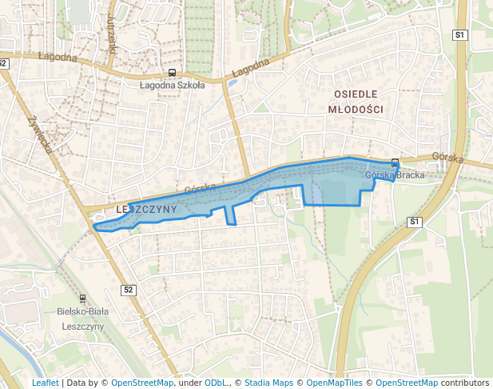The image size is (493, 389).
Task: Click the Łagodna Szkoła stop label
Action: (x=172, y=85)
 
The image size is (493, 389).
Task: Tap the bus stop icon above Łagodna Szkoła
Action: (x=173, y=73)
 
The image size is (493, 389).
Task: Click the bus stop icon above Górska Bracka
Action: (x=395, y=162)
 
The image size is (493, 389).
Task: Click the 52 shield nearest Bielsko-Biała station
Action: (x=129, y=289)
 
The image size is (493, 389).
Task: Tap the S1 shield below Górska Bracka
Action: (x=414, y=221)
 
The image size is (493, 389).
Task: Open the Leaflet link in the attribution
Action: (x=45, y=383)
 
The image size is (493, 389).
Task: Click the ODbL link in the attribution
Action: (x=216, y=383)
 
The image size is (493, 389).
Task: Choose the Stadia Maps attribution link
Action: (x=268, y=383)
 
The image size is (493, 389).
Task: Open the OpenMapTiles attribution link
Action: (x=333, y=383)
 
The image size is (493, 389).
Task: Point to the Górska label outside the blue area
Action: (x=447, y=158)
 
